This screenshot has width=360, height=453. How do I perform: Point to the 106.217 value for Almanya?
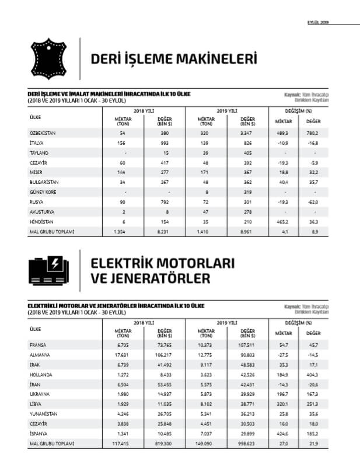tap(165, 354)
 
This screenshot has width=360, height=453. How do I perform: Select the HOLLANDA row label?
tap(41, 374)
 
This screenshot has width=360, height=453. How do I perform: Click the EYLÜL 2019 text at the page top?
tap(319, 22)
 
